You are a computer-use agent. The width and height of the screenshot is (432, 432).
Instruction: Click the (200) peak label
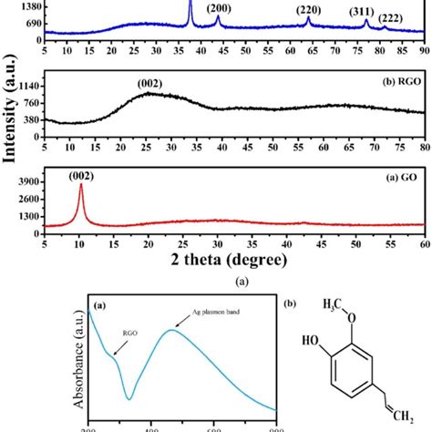(x=218, y=9)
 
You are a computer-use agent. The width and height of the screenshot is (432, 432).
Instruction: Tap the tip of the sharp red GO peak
(x=81, y=185)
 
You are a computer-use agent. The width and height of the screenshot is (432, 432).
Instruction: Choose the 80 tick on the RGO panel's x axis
(x=424, y=140)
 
